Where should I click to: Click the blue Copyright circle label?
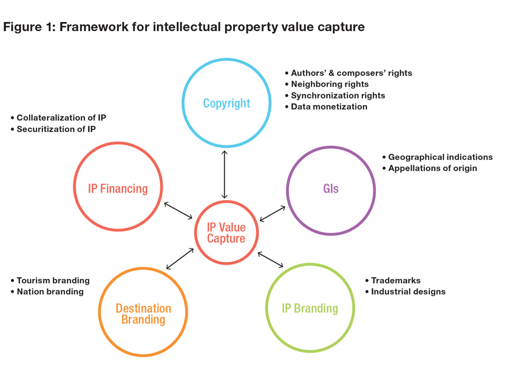point(226,103)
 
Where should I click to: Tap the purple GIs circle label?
point(331,188)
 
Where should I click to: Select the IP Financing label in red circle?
point(118,188)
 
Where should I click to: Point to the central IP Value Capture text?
point(226,233)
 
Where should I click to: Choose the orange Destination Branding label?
point(143,314)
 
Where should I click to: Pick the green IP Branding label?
point(310,308)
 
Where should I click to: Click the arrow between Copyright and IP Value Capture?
point(225,174)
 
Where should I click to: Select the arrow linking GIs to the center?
point(273,213)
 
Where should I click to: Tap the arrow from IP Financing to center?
point(178,210)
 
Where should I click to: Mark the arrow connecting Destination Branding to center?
point(180,259)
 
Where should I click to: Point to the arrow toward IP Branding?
point(271,259)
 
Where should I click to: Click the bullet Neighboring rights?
point(330,84)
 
